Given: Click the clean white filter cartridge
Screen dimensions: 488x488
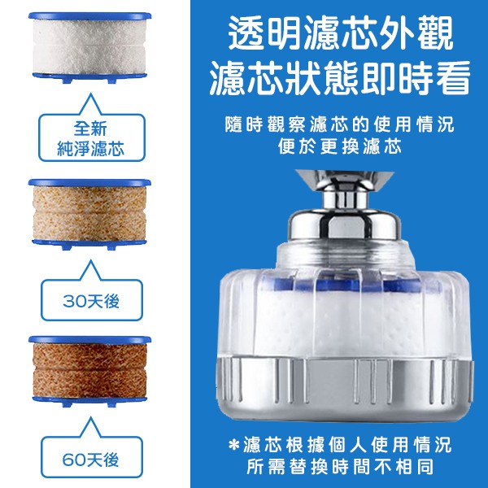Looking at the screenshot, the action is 89,47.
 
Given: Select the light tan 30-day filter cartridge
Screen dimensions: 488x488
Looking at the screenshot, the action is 89,214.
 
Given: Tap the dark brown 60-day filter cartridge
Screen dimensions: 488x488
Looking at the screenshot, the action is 89,371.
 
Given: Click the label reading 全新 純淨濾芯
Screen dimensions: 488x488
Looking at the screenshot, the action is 91,138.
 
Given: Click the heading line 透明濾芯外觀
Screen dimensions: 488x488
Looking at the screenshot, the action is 340,33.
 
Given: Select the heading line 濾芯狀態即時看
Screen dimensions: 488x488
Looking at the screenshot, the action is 339,78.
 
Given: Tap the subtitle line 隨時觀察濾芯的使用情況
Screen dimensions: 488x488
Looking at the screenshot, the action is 339,124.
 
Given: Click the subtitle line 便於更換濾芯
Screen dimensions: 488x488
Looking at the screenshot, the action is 339,146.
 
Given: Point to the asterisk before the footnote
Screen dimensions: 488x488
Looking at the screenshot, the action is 233,444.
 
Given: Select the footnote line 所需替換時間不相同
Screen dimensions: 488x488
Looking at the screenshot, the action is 340,467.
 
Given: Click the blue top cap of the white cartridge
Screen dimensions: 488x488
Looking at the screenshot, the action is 89,15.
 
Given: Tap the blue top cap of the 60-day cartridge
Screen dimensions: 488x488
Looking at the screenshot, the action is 89,339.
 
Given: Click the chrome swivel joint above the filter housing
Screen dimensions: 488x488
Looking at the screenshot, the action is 344,206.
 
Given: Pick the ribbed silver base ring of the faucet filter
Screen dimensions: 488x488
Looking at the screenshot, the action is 345,387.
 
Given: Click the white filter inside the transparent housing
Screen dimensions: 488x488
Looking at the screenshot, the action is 346,324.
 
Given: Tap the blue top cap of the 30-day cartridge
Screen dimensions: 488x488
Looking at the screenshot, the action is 89,182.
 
